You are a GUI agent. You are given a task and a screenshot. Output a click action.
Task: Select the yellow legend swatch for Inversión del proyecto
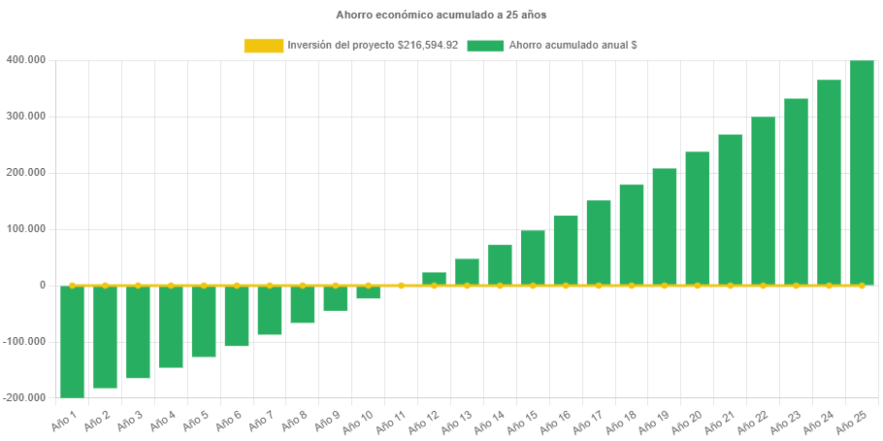pyautogui.click(x=263, y=46)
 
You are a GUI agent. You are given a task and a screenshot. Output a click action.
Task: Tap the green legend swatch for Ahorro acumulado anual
pyautogui.click(x=485, y=46)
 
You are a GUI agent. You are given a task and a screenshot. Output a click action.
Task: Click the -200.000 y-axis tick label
pyautogui.click(x=23, y=398)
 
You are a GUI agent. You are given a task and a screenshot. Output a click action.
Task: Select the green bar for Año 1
pyautogui.click(x=72, y=342)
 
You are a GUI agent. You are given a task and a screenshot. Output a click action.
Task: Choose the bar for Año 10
pyautogui.click(x=368, y=292)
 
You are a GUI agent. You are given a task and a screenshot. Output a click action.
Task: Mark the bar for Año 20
pyautogui.click(x=697, y=219)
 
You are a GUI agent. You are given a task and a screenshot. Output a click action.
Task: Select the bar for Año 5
pyautogui.click(x=204, y=322)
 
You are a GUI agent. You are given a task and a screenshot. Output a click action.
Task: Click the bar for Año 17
pyautogui.click(x=599, y=243)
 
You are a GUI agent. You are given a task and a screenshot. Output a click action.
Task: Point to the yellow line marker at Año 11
pyautogui.click(x=401, y=286)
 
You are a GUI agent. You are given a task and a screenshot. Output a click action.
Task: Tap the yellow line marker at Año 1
pyautogui.click(x=72, y=286)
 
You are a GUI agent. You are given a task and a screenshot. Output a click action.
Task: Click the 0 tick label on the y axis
pyautogui.click(x=42, y=286)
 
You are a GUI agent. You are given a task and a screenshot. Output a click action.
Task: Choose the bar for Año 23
pyautogui.click(x=796, y=192)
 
